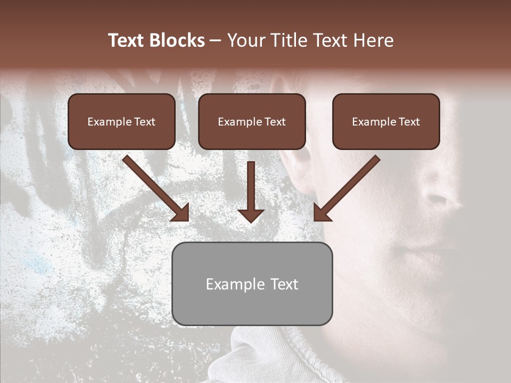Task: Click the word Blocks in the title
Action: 177,40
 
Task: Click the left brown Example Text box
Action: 121,121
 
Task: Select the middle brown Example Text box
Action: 252,121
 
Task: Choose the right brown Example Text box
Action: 386,121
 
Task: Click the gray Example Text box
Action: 252,284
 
